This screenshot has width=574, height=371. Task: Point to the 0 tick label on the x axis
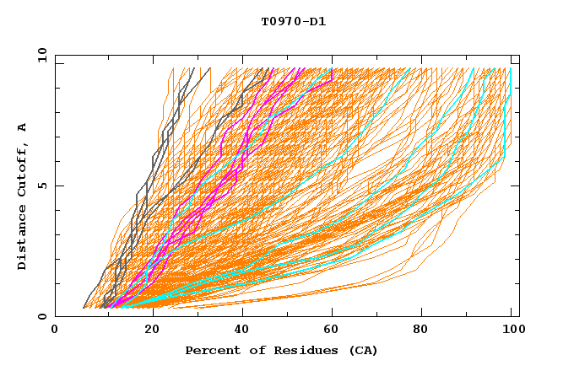point(55,331)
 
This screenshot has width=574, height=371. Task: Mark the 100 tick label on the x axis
point(512,331)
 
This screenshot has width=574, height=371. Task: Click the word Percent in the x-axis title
point(209,350)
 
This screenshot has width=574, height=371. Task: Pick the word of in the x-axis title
point(247,350)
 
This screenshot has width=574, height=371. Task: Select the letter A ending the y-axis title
point(23,126)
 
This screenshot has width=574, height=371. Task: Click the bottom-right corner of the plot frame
point(519,316)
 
